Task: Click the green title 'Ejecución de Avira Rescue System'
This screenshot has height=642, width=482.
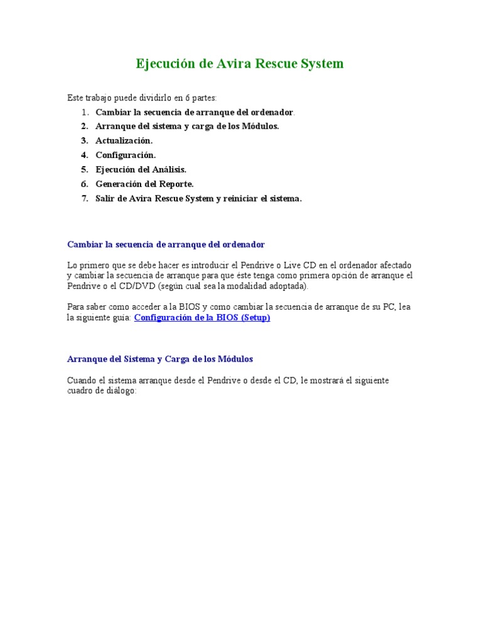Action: [240, 64]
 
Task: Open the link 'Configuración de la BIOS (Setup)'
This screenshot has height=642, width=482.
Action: [202, 318]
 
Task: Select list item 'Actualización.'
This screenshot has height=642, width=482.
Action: [124, 140]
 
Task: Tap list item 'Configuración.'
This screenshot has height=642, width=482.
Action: [126, 155]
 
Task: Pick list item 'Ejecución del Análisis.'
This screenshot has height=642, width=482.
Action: [141, 169]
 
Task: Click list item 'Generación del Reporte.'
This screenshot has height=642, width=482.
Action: [144, 184]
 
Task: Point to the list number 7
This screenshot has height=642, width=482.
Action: [84, 198]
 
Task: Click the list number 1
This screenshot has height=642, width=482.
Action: [84, 112]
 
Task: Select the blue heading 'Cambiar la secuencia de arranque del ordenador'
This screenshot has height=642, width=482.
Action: [166, 244]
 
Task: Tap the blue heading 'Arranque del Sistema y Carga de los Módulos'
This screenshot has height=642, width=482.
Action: [160, 359]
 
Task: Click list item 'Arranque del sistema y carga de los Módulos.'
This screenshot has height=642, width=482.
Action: [187, 126]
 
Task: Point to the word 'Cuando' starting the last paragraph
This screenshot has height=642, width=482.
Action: [81, 381]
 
